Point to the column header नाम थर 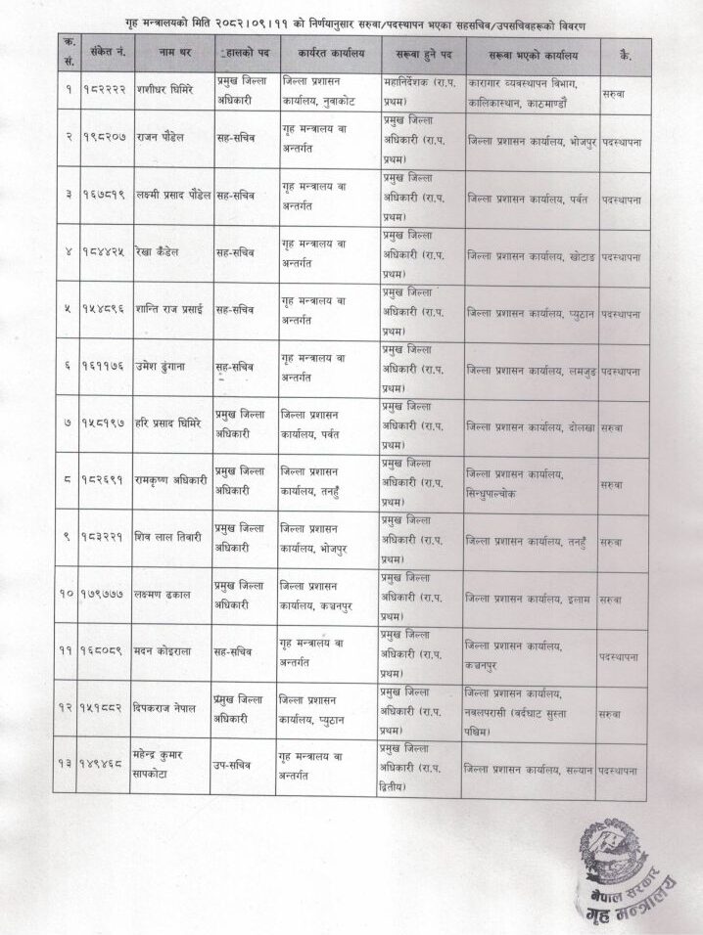click(171, 55)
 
